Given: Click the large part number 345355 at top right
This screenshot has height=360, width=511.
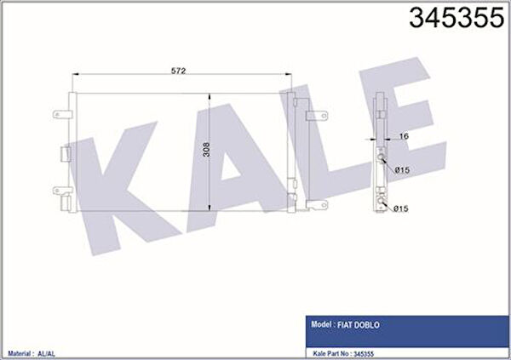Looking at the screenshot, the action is click(456, 17).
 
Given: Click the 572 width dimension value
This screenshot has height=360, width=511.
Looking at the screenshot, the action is click(178, 71).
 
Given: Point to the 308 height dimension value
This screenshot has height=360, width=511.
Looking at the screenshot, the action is click(206, 150).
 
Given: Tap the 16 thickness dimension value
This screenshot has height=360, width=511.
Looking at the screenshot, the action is click(404, 136).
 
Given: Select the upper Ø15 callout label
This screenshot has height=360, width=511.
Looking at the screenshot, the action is click(402, 170).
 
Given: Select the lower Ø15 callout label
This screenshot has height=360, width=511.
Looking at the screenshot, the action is click(401, 209).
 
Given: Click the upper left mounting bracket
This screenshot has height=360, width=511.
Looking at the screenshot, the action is click(62, 114).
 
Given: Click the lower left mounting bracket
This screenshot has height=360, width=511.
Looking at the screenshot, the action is click(62, 191).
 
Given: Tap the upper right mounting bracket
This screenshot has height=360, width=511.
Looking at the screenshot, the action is click(317, 116).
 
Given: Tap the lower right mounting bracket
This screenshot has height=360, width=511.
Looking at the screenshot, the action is click(317, 204).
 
